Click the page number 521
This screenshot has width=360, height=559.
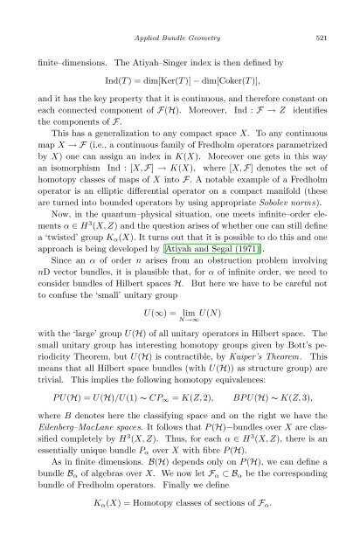coord(320,38)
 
